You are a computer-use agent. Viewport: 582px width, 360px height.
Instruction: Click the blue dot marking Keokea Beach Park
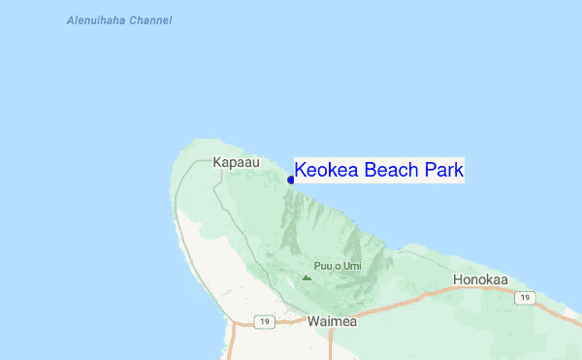click(x=291, y=180)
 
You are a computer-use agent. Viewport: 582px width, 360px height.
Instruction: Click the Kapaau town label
click(x=237, y=163)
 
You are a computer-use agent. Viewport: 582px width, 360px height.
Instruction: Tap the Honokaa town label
click(x=480, y=279)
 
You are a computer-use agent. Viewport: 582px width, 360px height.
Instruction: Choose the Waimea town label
click(x=332, y=320)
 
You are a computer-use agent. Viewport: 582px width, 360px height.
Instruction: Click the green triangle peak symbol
click(x=307, y=278)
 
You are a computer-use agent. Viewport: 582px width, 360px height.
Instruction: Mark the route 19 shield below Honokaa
click(x=525, y=297)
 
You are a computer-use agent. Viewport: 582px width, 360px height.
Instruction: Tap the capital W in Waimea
click(x=312, y=320)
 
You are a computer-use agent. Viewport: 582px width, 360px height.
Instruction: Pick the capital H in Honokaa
click(x=458, y=279)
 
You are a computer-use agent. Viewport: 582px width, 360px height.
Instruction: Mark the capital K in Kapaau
click(x=217, y=163)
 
